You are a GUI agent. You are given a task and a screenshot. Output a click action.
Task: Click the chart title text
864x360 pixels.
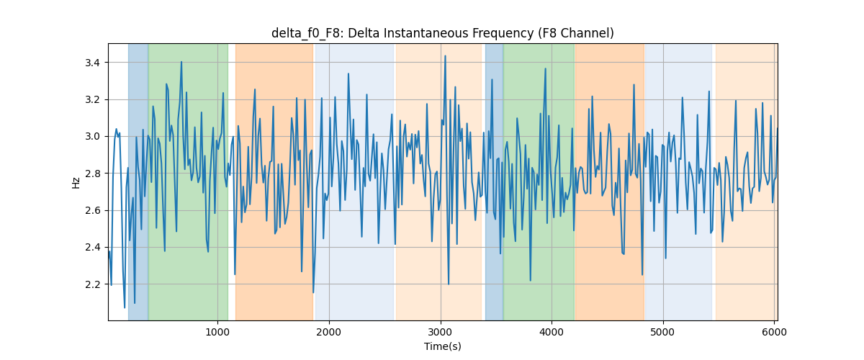pyautogui.click(x=442, y=34)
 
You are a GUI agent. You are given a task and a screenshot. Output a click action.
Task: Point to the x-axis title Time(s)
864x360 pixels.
pyautogui.click(x=442, y=346)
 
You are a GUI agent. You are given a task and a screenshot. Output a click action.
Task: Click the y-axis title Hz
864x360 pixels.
pyautogui.click(x=76, y=183)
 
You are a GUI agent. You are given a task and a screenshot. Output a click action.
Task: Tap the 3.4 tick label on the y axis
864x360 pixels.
pyautogui.click(x=93, y=63)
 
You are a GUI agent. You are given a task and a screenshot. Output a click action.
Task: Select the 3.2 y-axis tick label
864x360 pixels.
pyautogui.click(x=93, y=99)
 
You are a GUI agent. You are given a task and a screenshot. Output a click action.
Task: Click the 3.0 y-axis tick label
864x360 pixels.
pyautogui.click(x=93, y=137)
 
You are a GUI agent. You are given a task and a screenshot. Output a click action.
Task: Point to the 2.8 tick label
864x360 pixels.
pyautogui.click(x=93, y=174)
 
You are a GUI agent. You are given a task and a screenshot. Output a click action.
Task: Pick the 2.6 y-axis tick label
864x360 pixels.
pyautogui.click(x=93, y=211)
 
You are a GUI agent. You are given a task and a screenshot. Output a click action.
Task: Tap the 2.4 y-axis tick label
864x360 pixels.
pyautogui.click(x=93, y=248)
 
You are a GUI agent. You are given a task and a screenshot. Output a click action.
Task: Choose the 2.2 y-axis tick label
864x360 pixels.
pyautogui.click(x=93, y=284)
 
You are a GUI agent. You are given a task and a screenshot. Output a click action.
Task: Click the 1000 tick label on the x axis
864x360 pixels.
pyautogui.click(x=217, y=332)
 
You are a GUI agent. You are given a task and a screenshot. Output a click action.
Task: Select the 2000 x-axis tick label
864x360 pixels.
pyautogui.click(x=329, y=332)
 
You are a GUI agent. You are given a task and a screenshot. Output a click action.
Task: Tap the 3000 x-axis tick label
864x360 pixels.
pyautogui.click(x=441, y=332)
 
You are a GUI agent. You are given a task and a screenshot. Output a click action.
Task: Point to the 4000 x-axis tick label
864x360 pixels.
pyautogui.click(x=552, y=332)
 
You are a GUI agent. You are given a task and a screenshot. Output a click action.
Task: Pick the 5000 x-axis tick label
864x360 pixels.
pyautogui.click(x=663, y=332)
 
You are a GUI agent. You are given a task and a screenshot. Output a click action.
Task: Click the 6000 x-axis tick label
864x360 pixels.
pyautogui.click(x=774, y=332)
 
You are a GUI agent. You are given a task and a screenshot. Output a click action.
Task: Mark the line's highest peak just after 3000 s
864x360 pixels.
pyautogui.click(x=445, y=56)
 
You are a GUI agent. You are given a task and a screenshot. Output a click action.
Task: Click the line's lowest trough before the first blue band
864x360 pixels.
pyautogui.click(x=125, y=307)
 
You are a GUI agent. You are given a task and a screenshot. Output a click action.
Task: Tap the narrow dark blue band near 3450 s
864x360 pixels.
pyautogui.click(x=494, y=182)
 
